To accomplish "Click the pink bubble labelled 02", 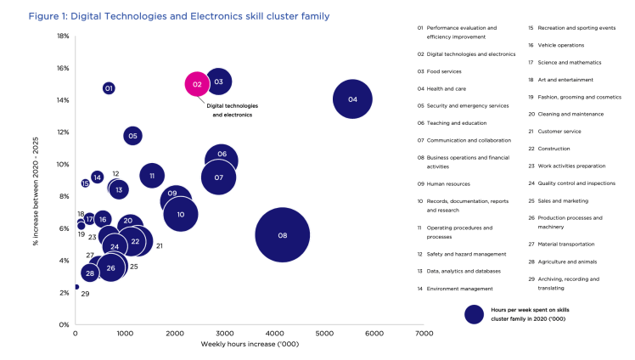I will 197,84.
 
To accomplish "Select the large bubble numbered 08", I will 283,235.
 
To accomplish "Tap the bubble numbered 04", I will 353,99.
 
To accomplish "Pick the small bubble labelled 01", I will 109,88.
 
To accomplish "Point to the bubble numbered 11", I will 152,177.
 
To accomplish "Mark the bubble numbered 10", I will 181,215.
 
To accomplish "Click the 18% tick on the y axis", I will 63,37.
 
